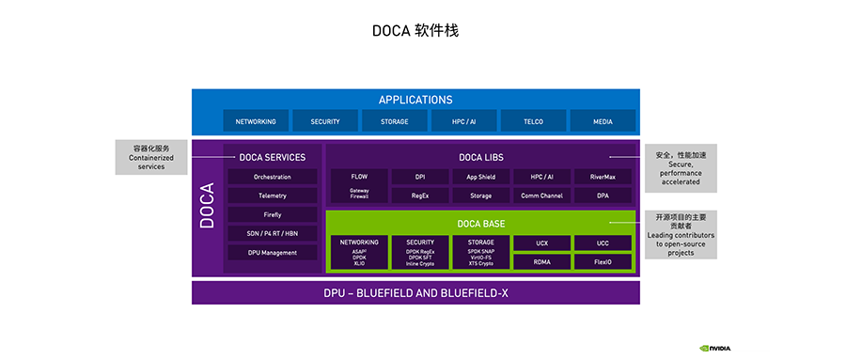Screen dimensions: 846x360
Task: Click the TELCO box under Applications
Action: click(x=534, y=121)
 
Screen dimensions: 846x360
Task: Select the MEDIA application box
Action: click(x=603, y=121)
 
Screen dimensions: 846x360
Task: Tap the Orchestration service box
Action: click(x=273, y=177)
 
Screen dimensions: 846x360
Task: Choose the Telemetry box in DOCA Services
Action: click(x=273, y=196)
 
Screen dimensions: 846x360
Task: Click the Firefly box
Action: click(x=273, y=215)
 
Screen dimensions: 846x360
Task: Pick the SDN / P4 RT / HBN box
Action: click(x=273, y=234)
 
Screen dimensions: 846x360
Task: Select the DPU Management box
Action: click(x=273, y=253)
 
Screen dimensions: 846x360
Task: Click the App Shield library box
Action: click(x=480, y=177)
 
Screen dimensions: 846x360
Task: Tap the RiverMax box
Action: click(x=603, y=177)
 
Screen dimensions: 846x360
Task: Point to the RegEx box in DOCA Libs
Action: click(x=420, y=196)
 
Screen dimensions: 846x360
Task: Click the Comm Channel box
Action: click(x=541, y=196)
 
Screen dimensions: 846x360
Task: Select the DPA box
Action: click(x=603, y=196)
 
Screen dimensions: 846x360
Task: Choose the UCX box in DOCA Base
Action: click(x=541, y=243)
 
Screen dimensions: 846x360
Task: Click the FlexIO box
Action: click(x=603, y=261)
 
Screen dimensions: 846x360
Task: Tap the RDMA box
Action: click(x=541, y=261)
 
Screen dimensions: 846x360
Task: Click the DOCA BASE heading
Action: click(x=480, y=224)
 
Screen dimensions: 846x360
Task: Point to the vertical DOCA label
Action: click(x=207, y=205)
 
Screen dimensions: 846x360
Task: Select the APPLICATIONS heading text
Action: click(x=415, y=100)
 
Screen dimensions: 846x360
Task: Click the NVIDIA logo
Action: click(x=715, y=348)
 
